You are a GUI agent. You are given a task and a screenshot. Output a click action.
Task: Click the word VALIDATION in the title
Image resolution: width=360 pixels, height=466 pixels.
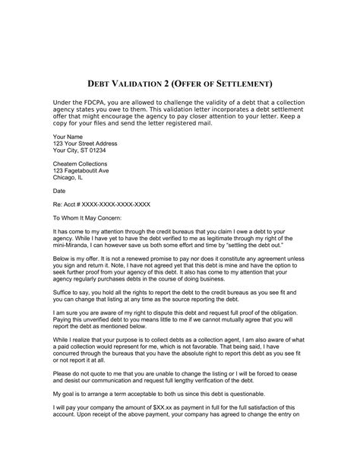tap(135, 82)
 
